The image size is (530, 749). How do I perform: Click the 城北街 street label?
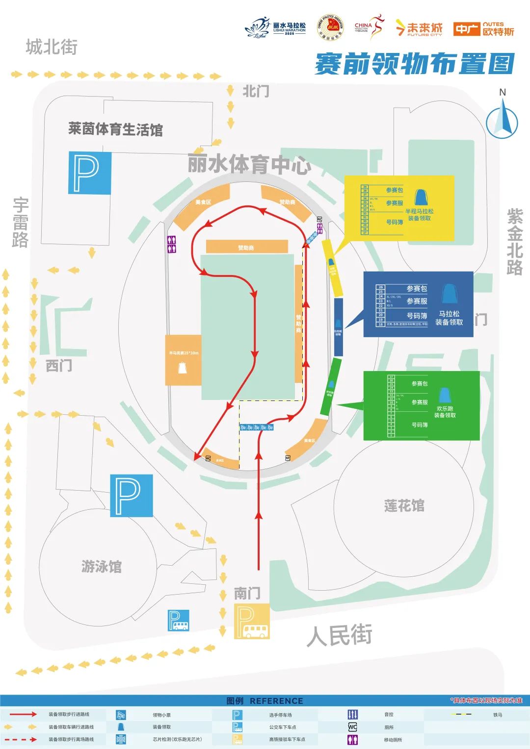pyautogui.click(x=52, y=48)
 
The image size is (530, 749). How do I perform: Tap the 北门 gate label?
pyautogui.click(x=255, y=91)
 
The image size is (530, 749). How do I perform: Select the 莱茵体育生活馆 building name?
pyautogui.click(x=115, y=129)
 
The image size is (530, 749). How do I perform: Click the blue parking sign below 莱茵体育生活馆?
pyautogui.click(x=89, y=173)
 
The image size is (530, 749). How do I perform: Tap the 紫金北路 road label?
pyautogui.click(x=515, y=242)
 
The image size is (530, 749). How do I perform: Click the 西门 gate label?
pyautogui.click(x=58, y=365)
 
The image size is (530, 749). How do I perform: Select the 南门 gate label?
pyautogui.click(x=247, y=594)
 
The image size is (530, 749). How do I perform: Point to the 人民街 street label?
pyautogui.click(x=339, y=635)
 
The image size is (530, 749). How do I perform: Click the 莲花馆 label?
pyautogui.click(x=404, y=506)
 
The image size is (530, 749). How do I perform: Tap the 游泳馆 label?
pyautogui.click(x=101, y=567)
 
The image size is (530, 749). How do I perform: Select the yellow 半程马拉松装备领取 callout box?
pyautogui.click(x=399, y=208)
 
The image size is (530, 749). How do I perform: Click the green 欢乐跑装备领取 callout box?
pyautogui.click(x=421, y=405)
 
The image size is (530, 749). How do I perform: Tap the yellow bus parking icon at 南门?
pyautogui.click(x=252, y=621)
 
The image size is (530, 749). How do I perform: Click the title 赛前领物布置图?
pyautogui.click(x=414, y=64)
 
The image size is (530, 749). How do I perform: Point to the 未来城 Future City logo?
pyautogui.click(x=419, y=28)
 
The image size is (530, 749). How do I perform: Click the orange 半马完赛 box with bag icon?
pyautogui.click(x=183, y=360)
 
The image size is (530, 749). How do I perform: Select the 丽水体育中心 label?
pyautogui.click(x=249, y=164)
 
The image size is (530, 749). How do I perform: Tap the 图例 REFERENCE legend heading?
pyautogui.click(x=265, y=701)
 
